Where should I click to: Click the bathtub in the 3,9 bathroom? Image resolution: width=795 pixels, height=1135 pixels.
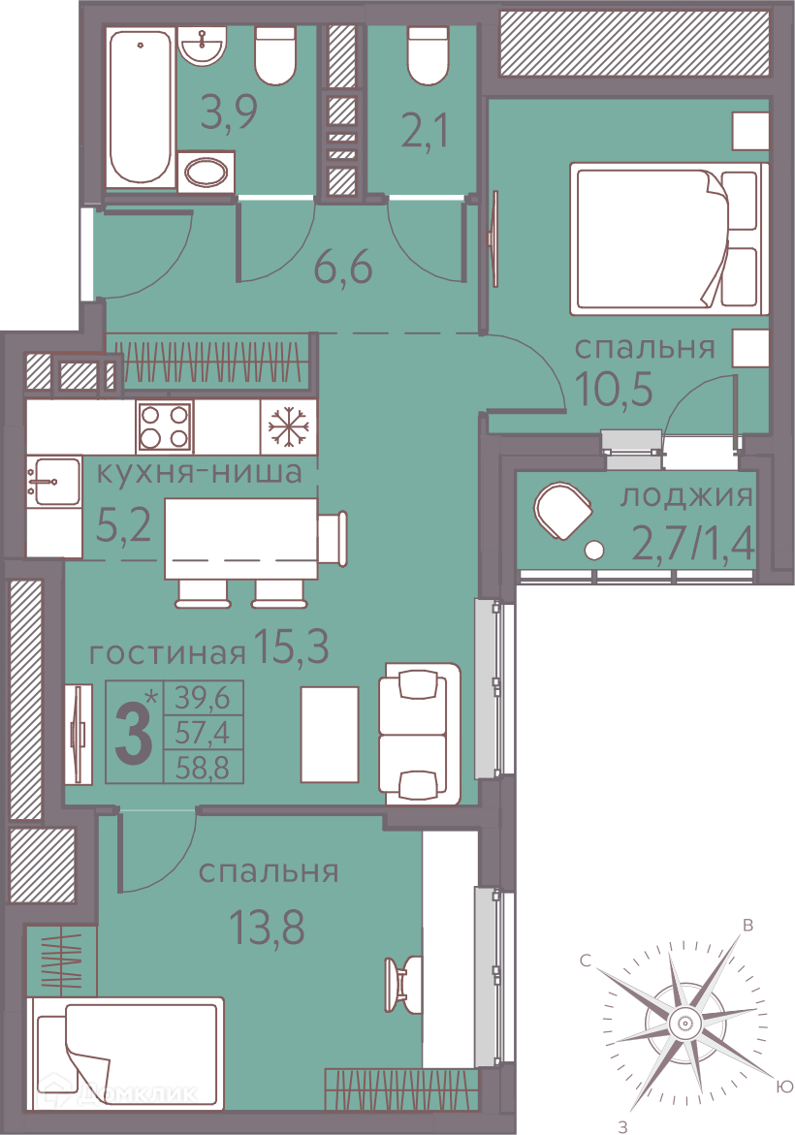click(x=141, y=108)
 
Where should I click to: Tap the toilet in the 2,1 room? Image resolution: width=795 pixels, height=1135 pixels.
click(x=433, y=56)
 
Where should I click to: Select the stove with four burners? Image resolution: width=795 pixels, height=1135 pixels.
click(x=165, y=426)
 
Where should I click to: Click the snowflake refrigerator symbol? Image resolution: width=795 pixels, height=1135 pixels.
click(x=288, y=426)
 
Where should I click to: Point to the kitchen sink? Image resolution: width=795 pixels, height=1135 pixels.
click(x=54, y=481)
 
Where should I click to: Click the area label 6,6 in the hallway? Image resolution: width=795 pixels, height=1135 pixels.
click(x=342, y=267)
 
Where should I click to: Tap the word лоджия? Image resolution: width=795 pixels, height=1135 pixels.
click(x=686, y=496)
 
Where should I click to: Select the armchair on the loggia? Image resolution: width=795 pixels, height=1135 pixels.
click(x=562, y=511)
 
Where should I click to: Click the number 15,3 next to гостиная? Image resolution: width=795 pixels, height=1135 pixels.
click(x=291, y=646)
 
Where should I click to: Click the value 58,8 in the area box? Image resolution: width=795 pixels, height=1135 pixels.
click(x=202, y=768)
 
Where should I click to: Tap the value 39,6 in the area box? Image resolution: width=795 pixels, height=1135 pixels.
click(x=202, y=698)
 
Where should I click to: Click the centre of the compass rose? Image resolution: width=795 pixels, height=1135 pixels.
click(x=683, y=1024)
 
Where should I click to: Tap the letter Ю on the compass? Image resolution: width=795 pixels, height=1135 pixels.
click(x=784, y=1087)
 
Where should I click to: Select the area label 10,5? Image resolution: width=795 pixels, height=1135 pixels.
click(x=614, y=389)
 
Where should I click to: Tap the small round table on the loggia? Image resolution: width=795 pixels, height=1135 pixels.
click(x=593, y=551)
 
